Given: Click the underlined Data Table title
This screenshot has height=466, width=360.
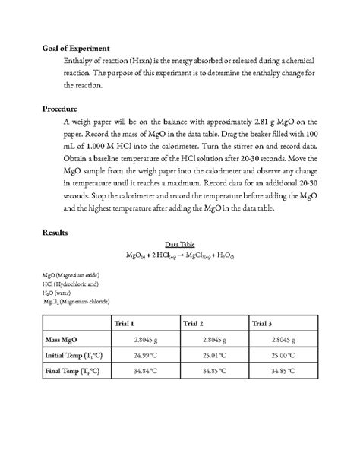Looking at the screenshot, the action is point(180,244).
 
